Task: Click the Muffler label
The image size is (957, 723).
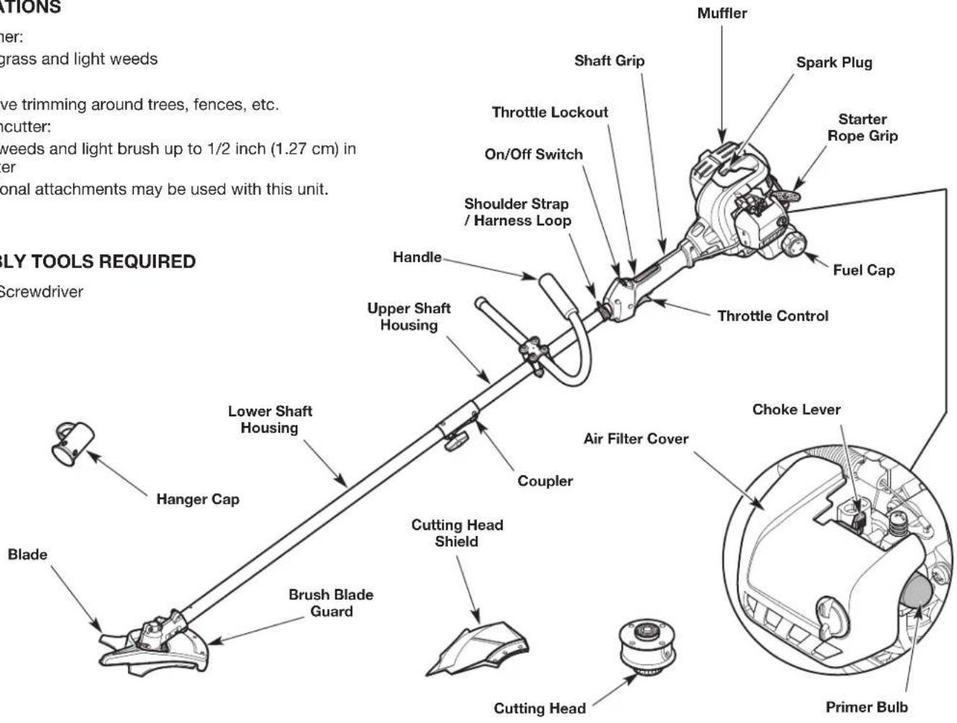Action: point(722,14)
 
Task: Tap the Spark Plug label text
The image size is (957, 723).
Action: point(834,63)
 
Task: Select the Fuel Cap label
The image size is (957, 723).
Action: point(863,270)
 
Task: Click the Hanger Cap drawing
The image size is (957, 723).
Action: point(73,443)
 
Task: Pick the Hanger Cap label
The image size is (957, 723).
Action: point(198,499)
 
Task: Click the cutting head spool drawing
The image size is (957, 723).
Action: point(647,646)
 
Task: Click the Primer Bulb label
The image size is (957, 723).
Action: point(866,707)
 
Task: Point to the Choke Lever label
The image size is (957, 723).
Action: point(796,410)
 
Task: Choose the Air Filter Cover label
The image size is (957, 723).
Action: point(636,439)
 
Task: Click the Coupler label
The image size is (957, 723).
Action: point(545,481)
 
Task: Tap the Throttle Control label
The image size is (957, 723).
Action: point(773,316)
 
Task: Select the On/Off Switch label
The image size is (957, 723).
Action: point(533,155)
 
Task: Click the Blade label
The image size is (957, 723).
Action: point(27,555)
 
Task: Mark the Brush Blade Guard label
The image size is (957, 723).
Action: point(331,603)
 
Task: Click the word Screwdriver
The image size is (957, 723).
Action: point(41,292)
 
